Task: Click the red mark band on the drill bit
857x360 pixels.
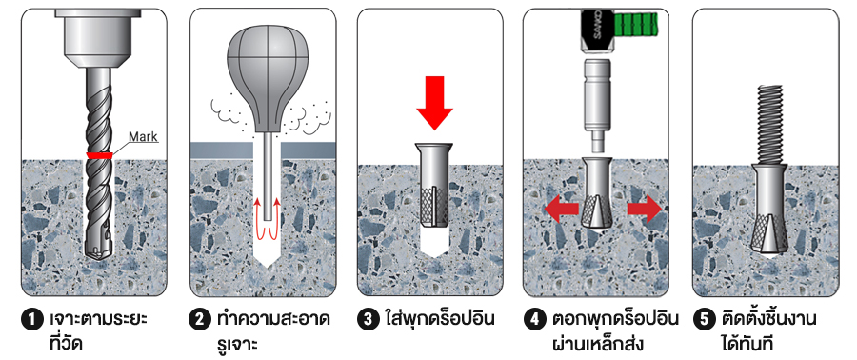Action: pyautogui.click(x=99, y=155)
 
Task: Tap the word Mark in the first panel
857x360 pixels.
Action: pyautogui.click(x=143, y=136)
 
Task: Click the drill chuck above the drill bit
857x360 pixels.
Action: pyautogui.click(x=97, y=34)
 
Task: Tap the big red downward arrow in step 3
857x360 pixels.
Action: pyautogui.click(x=434, y=103)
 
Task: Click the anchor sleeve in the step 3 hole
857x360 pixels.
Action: pyautogui.click(x=434, y=186)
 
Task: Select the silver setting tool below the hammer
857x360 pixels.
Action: pyautogui.click(x=597, y=105)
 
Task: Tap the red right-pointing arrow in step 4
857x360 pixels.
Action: pyautogui.click(x=645, y=209)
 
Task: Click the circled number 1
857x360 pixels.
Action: pyautogui.click(x=31, y=319)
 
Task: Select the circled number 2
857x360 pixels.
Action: pyautogui.click(x=199, y=319)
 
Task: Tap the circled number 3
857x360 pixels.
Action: pyautogui.click(x=368, y=319)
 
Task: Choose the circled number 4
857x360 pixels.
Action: pyautogui.click(x=533, y=319)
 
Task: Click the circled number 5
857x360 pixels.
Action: pyautogui.click(x=703, y=319)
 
